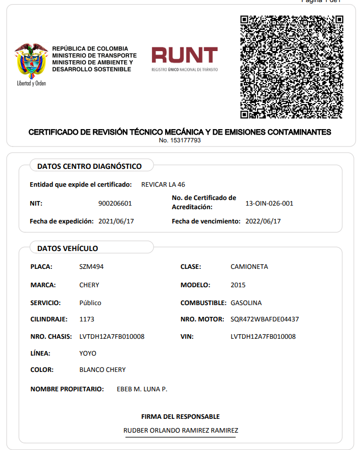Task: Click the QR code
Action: pos(291,66)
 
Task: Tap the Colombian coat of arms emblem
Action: pos(31,61)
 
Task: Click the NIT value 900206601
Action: pos(115,204)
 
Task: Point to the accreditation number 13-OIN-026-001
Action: pos(269,204)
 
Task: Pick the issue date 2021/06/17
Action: pos(116,221)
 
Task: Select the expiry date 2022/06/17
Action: pos(263,221)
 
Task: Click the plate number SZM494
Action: pos(91,267)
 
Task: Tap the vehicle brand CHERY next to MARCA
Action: pos(89,285)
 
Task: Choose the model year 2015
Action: pos(238,285)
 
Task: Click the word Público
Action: pos(90,303)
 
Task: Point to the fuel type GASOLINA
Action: pos(246,303)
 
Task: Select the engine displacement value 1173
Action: pos(87,319)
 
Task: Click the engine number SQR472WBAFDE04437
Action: pos(265,319)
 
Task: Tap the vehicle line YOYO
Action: pos(88,354)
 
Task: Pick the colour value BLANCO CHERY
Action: pos(102,370)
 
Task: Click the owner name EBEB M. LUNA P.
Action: pos(142,389)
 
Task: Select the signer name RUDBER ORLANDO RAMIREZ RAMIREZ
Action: pos(181,431)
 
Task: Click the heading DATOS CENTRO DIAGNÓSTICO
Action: pos(89,166)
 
